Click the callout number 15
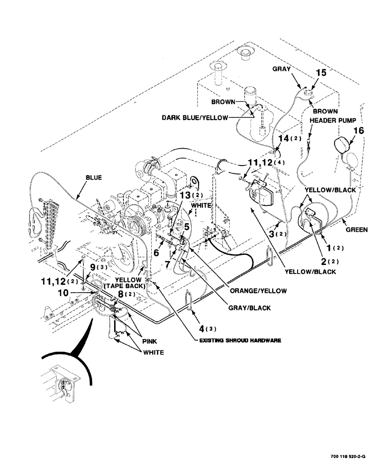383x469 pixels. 320,73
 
